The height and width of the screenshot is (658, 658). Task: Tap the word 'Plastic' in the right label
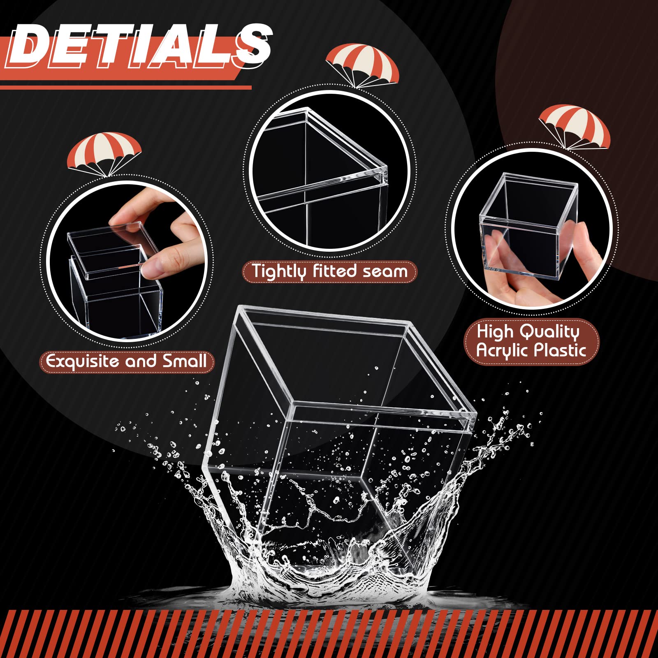[x=559, y=350]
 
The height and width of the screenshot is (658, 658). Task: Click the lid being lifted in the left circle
[x=112, y=249]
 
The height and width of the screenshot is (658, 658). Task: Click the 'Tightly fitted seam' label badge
[x=329, y=272]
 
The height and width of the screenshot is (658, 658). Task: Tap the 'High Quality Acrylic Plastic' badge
[x=531, y=341]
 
